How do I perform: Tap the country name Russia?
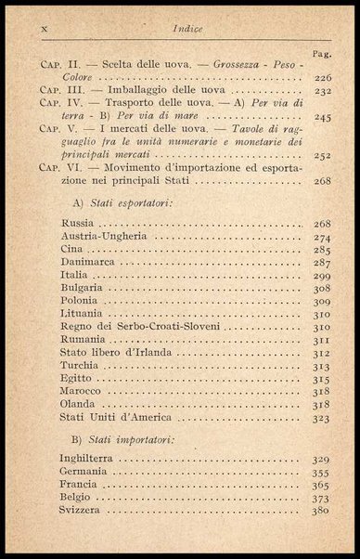(x=77, y=224)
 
